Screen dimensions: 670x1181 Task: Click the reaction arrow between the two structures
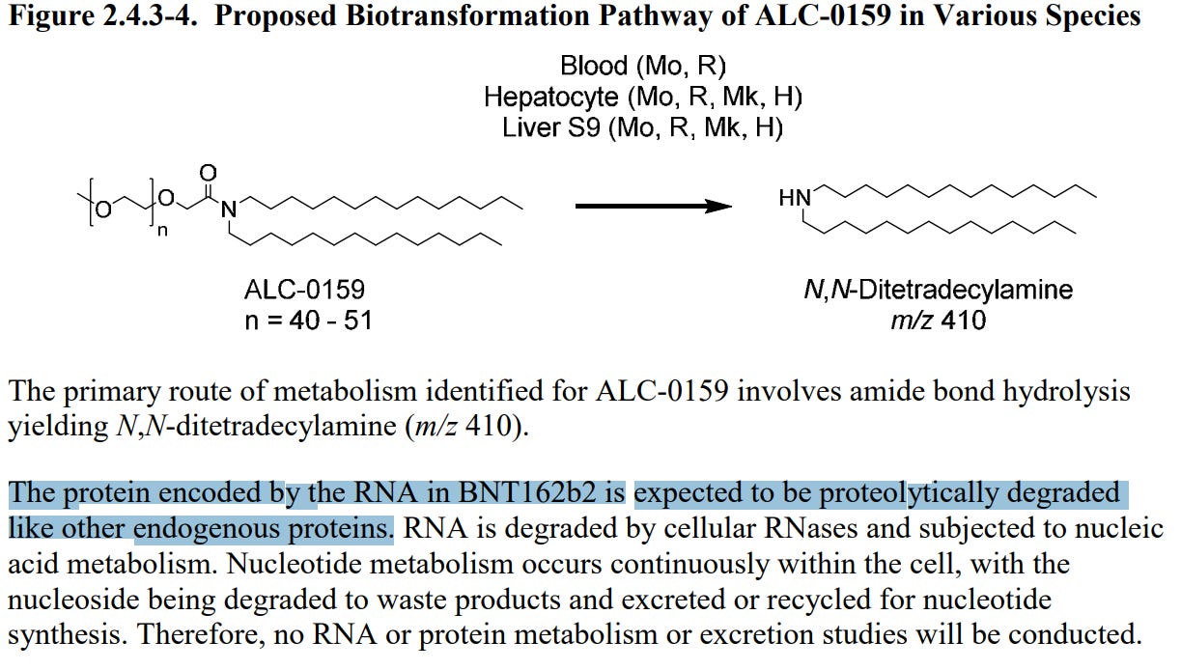(652, 206)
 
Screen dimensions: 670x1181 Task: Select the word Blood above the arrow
(594, 67)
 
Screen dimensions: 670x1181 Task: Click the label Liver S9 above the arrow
(551, 127)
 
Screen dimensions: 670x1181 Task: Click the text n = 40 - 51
(308, 320)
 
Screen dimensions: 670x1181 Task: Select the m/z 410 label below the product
(939, 320)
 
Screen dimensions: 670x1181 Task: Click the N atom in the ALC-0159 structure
(228, 208)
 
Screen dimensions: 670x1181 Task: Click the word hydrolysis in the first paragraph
(1073, 392)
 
